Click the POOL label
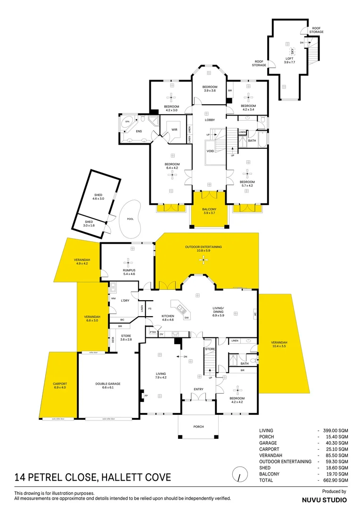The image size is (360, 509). tap(130, 219)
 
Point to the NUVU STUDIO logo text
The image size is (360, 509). tap(324, 500)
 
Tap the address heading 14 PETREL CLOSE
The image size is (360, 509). tap(92, 477)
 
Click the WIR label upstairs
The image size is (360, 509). tap(174, 130)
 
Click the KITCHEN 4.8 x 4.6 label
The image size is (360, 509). tap(168, 318)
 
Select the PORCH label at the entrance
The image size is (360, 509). tap(198, 427)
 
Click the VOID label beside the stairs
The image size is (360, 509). tap(211, 151)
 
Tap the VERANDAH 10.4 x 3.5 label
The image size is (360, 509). tap(279, 345)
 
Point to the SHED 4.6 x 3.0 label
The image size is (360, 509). tap(98, 197)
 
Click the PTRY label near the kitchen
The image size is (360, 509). tap(153, 333)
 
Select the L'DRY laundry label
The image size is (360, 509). tap(125, 301)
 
